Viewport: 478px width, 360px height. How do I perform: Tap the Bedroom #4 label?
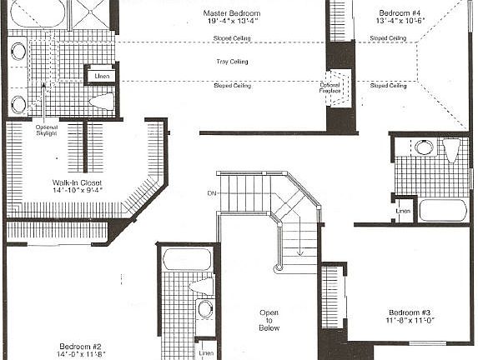400,13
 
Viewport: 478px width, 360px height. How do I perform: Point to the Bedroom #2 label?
81,346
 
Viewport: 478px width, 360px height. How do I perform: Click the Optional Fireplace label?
330,89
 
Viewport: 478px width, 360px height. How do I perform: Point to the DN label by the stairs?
211,193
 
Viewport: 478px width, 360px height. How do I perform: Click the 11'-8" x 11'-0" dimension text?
410,319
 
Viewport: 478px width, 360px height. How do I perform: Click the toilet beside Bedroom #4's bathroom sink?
451,151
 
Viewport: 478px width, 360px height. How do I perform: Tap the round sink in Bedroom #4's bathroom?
424,148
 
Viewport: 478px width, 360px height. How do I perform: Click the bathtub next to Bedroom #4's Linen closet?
442,209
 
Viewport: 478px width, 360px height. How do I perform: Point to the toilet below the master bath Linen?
101,102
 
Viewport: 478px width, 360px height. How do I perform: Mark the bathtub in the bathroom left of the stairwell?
187,259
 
